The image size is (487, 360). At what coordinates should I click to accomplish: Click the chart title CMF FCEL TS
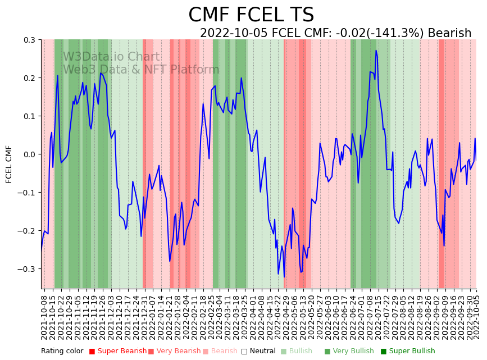(x=251, y=15)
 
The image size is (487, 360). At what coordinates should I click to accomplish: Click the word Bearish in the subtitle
(x=449, y=33)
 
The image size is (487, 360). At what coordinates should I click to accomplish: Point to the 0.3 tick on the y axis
(x=29, y=40)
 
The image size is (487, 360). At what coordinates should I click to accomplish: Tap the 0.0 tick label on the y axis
(x=29, y=154)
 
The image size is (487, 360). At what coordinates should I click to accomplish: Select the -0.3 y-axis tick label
(x=28, y=269)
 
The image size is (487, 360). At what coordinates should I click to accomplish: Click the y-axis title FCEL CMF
(x=9, y=164)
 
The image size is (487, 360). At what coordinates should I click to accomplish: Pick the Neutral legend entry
(x=260, y=351)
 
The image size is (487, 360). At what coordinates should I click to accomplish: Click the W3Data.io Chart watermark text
(x=111, y=57)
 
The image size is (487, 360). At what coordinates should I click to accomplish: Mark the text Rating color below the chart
(x=62, y=351)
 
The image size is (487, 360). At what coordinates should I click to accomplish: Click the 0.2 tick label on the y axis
(x=29, y=78)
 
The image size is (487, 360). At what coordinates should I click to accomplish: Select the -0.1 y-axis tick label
(x=28, y=193)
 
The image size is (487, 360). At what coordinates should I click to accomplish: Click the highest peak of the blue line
(x=376, y=51)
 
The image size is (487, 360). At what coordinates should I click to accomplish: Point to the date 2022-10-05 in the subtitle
(x=234, y=33)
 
